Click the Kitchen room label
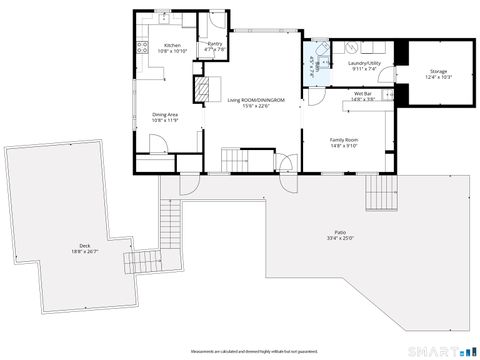[172, 45]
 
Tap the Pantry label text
[215, 44]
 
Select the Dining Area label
[165, 114]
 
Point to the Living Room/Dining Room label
[256, 100]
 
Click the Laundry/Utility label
[361, 63]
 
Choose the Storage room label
[438, 71]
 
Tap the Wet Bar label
[361, 93]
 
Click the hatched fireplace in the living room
[203, 91]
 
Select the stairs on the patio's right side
[381, 192]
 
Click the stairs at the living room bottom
[233, 158]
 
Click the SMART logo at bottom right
[446, 350]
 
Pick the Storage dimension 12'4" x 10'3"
[438, 77]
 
